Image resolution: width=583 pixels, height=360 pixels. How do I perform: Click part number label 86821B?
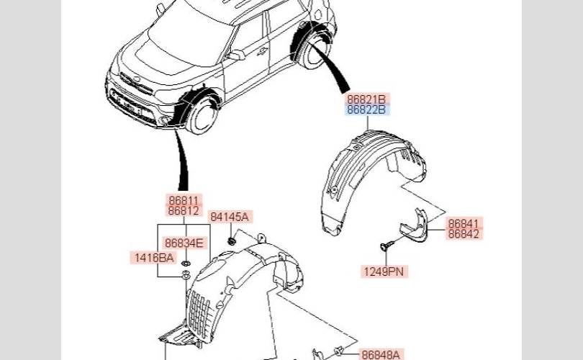[x=367, y=99]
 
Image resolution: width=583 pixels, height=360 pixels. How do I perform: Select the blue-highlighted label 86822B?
[x=367, y=109]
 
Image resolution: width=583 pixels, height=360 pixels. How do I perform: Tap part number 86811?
[x=184, y=199]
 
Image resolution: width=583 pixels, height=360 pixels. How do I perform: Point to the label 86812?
[x=184, y=210]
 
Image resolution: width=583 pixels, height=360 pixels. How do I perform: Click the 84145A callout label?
[x=230, y=217]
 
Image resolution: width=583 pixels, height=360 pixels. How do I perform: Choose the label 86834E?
[x=184, y=243]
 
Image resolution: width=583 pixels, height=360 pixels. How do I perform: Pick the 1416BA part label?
[x=153, y=257]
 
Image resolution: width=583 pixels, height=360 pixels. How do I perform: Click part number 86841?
[x=464, y=223]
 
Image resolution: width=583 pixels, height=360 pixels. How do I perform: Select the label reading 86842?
[x=464, y=234]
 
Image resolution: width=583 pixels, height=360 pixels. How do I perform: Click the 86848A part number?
[x=381, y=354]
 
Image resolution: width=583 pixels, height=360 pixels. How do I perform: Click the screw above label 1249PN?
[x=387, y=245]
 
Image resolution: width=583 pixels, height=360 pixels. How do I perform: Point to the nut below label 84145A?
[x=232, y=242]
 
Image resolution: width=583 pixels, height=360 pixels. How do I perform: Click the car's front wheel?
[x=201, y=115]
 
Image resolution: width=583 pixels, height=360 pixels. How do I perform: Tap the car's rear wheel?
[x=315, y=51]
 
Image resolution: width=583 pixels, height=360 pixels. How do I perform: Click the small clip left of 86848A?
[x=338, y=351]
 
